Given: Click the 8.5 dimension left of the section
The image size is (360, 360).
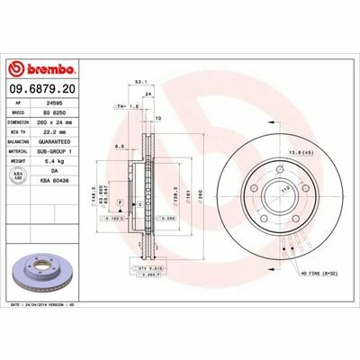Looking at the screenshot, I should point(119,144).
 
